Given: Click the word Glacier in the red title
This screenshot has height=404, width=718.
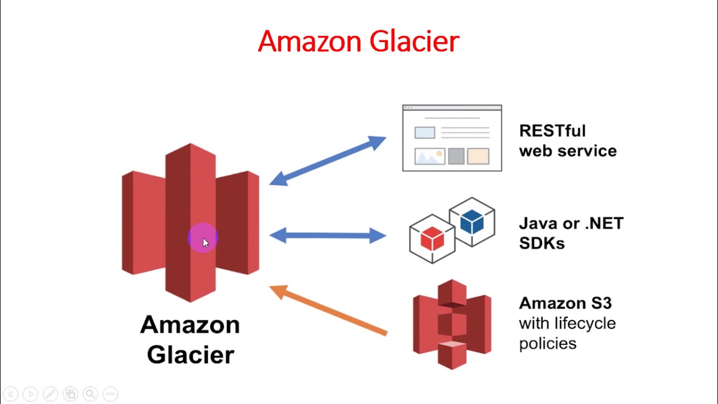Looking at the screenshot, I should click(x=415, y=42).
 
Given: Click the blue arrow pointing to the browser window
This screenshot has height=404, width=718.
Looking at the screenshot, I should click(x=328, y=161).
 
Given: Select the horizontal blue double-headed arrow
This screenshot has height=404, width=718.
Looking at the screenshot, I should click(x=328, y=235).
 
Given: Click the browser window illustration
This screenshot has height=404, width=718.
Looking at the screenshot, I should click(x=452, y=138).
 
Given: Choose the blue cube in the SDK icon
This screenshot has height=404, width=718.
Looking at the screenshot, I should click(x=472, y=222).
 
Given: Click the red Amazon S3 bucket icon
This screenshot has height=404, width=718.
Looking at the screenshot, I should click(x=452, y=324).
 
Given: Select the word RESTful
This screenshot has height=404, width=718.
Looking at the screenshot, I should click(x=552, y=131).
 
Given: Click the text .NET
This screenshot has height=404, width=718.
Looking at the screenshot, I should click(x=604, y=224).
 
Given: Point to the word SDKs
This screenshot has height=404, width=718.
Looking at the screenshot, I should click(x=541, y=244).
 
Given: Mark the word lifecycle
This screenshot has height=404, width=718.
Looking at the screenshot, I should click(x=584, y=324).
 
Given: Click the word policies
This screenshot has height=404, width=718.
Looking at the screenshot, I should click(x=547, y=343).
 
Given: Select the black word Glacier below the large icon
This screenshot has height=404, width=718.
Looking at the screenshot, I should click(x=190, y=355).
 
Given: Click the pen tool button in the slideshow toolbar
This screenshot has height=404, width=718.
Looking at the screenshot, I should click(x=50, y=394).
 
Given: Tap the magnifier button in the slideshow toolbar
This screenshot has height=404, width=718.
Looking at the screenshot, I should click(x=90, y=394).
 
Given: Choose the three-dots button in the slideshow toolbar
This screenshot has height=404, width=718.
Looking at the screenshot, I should click(x=111, y=394).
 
